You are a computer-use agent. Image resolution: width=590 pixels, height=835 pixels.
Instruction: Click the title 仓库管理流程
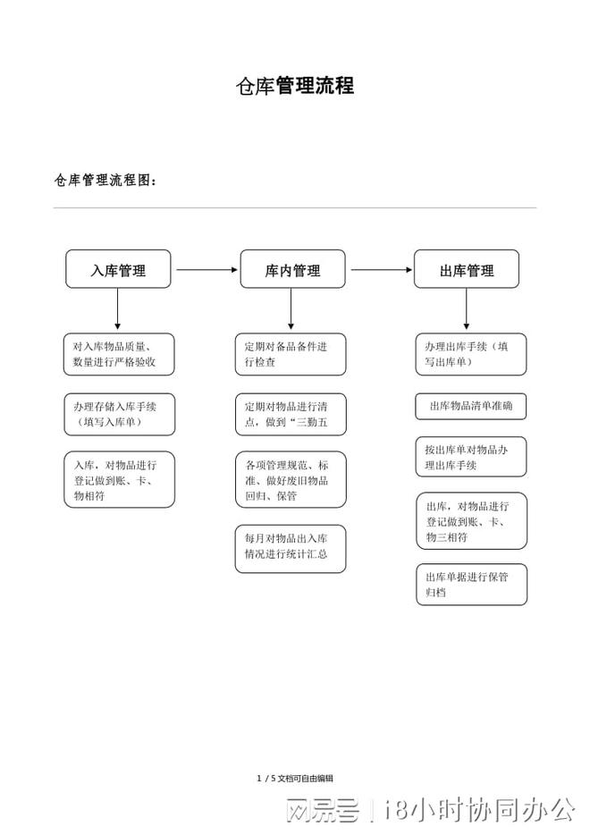point(294,86)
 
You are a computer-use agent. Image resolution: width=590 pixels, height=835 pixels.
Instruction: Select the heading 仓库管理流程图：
point(105,181)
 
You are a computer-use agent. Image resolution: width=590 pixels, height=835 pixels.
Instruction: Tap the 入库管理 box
point(118,269)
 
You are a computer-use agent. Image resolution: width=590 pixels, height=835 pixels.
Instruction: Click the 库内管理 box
point(292,269)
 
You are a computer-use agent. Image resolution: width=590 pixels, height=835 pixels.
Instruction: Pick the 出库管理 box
point(466,269)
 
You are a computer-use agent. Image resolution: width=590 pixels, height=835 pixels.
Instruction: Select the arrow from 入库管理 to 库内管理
point(205,269)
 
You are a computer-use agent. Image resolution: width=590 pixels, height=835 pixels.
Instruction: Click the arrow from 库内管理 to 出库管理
point(379,269)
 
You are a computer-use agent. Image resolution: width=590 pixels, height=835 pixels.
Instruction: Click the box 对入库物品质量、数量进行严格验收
point(119,354)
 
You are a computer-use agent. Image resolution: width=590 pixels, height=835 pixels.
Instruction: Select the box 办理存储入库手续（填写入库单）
point(119,414)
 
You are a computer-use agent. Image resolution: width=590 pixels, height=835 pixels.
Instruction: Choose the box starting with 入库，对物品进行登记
point(119,479)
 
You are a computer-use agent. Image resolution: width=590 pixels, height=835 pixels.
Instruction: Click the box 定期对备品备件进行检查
point(291,354)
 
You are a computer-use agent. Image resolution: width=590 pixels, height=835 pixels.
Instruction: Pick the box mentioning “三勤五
point(291,414)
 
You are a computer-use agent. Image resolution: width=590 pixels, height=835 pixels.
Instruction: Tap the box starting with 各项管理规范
point(291,479)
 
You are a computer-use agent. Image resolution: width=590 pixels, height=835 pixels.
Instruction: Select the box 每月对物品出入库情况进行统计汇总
point(291,547)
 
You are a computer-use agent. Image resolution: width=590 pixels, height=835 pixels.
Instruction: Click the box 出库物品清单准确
point(471,407)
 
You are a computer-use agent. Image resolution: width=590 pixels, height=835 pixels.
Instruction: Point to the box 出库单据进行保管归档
point(471,584)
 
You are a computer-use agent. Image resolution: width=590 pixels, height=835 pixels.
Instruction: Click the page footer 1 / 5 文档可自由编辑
point(295,778)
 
